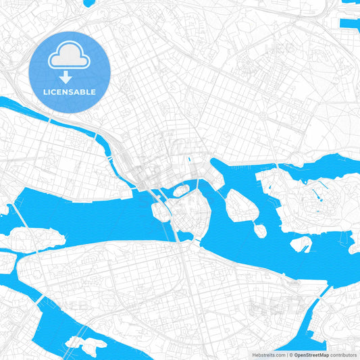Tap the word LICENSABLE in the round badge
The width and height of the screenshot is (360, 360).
pyautogui.click(x=70, y=91)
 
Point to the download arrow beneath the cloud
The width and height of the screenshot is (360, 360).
pyautogui.click(x=66, y=76)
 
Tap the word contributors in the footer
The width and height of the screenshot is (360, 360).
pyautogui.click(x=344, y=354)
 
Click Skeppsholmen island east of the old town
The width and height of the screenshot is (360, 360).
pyautogui.click(x=238, y=204)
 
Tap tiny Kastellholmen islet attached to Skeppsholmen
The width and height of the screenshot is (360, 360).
pyautogui.click(x=259, y=230)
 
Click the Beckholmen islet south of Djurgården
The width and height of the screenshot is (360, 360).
pyautogui.click(x=301, y=244)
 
